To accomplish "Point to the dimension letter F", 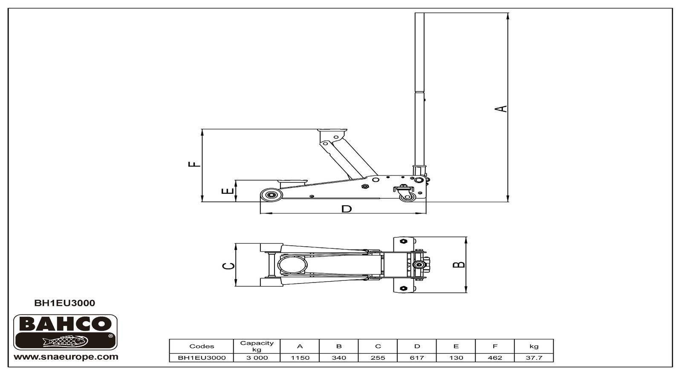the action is [194, 164].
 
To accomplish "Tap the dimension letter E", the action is [228, 191].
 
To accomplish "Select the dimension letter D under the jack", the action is [347, 209].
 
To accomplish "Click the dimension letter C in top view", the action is [228, 266].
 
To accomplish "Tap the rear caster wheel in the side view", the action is [407, 197].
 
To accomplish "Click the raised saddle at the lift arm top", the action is [332, 131].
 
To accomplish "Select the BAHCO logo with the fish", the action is [65, 332].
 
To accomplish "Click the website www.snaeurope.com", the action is [66, 357].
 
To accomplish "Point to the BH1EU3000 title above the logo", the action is [64, 303].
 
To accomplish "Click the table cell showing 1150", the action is [300, 358].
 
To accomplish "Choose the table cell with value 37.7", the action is [534, 358].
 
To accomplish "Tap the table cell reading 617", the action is [417, 358].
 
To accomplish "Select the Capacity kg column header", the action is [257, 346].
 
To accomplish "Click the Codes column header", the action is [202, 346].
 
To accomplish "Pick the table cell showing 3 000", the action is [257, 358].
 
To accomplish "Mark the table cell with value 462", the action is [495, 358].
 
